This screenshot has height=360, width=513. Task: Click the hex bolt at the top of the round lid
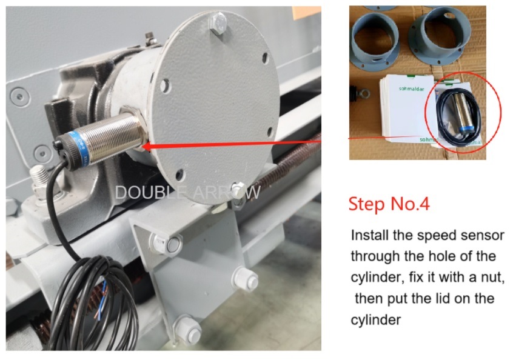(218, 23)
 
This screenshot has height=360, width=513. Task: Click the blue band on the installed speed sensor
(78, 148)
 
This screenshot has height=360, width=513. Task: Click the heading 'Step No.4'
(389, 204)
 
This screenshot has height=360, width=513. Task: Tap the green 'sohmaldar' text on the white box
(411, 88)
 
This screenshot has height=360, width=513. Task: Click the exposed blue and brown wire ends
(101, 299)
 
